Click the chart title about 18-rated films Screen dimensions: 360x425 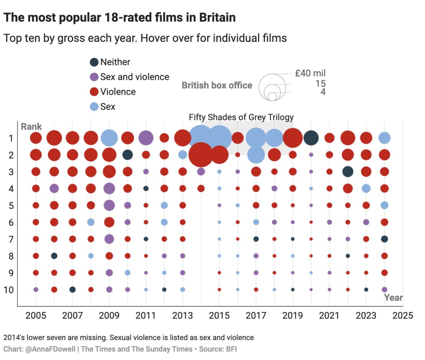(120, 17)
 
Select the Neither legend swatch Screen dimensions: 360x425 (94, 62)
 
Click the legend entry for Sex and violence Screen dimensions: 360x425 (134, 77)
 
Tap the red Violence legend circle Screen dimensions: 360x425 (94, 92)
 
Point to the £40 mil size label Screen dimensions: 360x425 (310, 73)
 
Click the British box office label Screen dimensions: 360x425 (217, 85)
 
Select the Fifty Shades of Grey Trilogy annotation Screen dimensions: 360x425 (241, 117)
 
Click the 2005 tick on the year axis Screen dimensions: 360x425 (36, 316)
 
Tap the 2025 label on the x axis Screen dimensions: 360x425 (403, 316)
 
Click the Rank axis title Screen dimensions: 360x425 (31, 127)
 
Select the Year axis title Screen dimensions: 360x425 (393, 297)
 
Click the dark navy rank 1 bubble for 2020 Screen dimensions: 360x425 (311, 138)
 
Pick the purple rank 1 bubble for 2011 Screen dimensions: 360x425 (146, 138)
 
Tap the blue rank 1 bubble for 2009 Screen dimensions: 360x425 (109, 138)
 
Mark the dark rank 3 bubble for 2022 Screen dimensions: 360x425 (348, 172)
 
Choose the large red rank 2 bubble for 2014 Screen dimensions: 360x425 (201, 155)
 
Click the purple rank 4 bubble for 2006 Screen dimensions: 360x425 (54, 188)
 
